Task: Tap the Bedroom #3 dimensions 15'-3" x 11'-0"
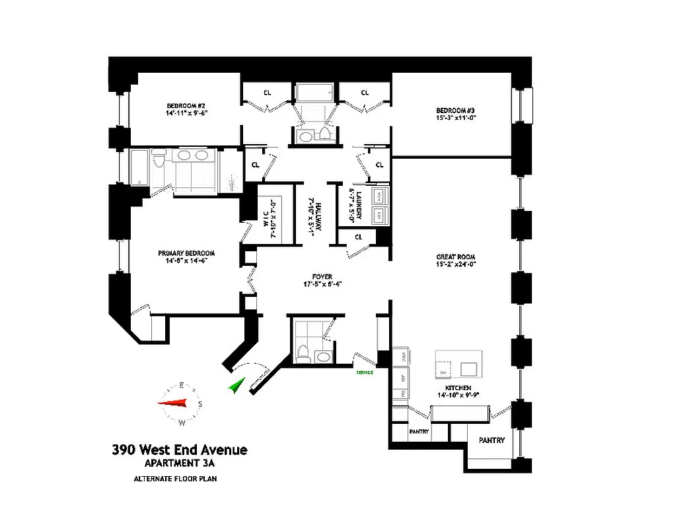pos(455,118)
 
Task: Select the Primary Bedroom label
pos(186,253)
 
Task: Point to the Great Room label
pos(455,257)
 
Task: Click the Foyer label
pos(322,276)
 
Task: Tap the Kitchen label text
pos(457,387)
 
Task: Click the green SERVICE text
pos(365,372)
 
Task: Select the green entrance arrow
pos(236,385)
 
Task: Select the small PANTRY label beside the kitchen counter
pos(419,432)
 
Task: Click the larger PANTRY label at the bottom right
pos(491,440)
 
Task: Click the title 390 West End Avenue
pos(180,450)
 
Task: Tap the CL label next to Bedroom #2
pos(267,93)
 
